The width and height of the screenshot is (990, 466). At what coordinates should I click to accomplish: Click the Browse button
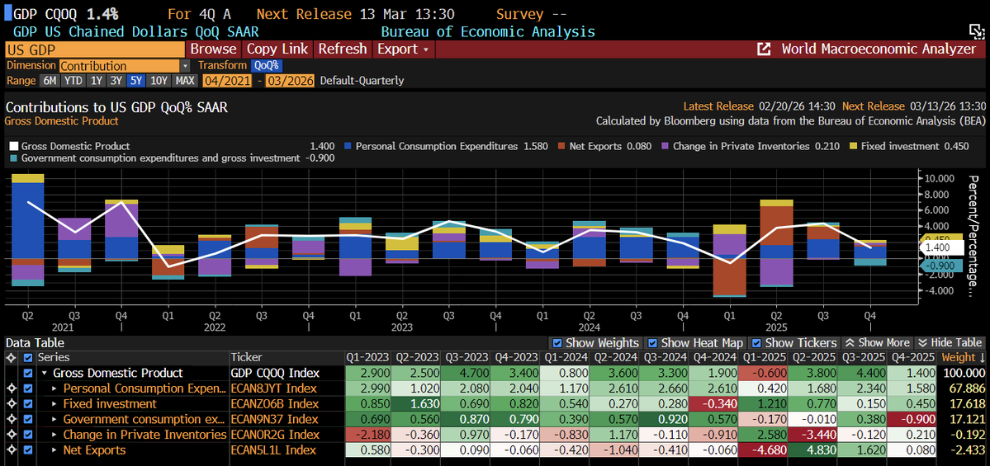tap(213, 49)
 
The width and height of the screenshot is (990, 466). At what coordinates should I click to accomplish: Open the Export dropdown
tap(402, 49)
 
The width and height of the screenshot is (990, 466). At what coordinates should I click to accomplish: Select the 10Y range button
tap(159, 81)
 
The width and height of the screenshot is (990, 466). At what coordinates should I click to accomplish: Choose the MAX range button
tap(185, 81)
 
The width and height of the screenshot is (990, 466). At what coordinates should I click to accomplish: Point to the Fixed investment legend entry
tap(898, 146)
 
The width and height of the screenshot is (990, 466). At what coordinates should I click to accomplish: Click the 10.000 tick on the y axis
tap(940, 178)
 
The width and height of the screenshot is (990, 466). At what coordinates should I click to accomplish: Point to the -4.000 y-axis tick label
tap(940, 290)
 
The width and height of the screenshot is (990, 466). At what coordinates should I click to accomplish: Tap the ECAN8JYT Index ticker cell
tap(273, 388)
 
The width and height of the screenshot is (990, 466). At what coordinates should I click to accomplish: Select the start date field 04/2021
tap(227, 81)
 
